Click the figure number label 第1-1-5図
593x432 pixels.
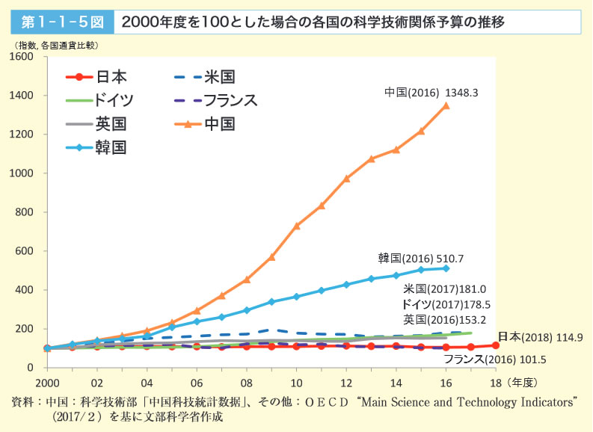[61, 22]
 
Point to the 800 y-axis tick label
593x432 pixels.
[25, 212]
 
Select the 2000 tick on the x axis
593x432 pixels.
[47, 381]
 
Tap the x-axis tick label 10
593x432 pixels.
[296, 381]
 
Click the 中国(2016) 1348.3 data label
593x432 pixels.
[431, 93]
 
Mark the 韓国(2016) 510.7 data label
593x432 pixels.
[421, 259]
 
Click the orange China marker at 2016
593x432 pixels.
[446, 105]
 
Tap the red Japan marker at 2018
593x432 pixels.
[495, 345]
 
